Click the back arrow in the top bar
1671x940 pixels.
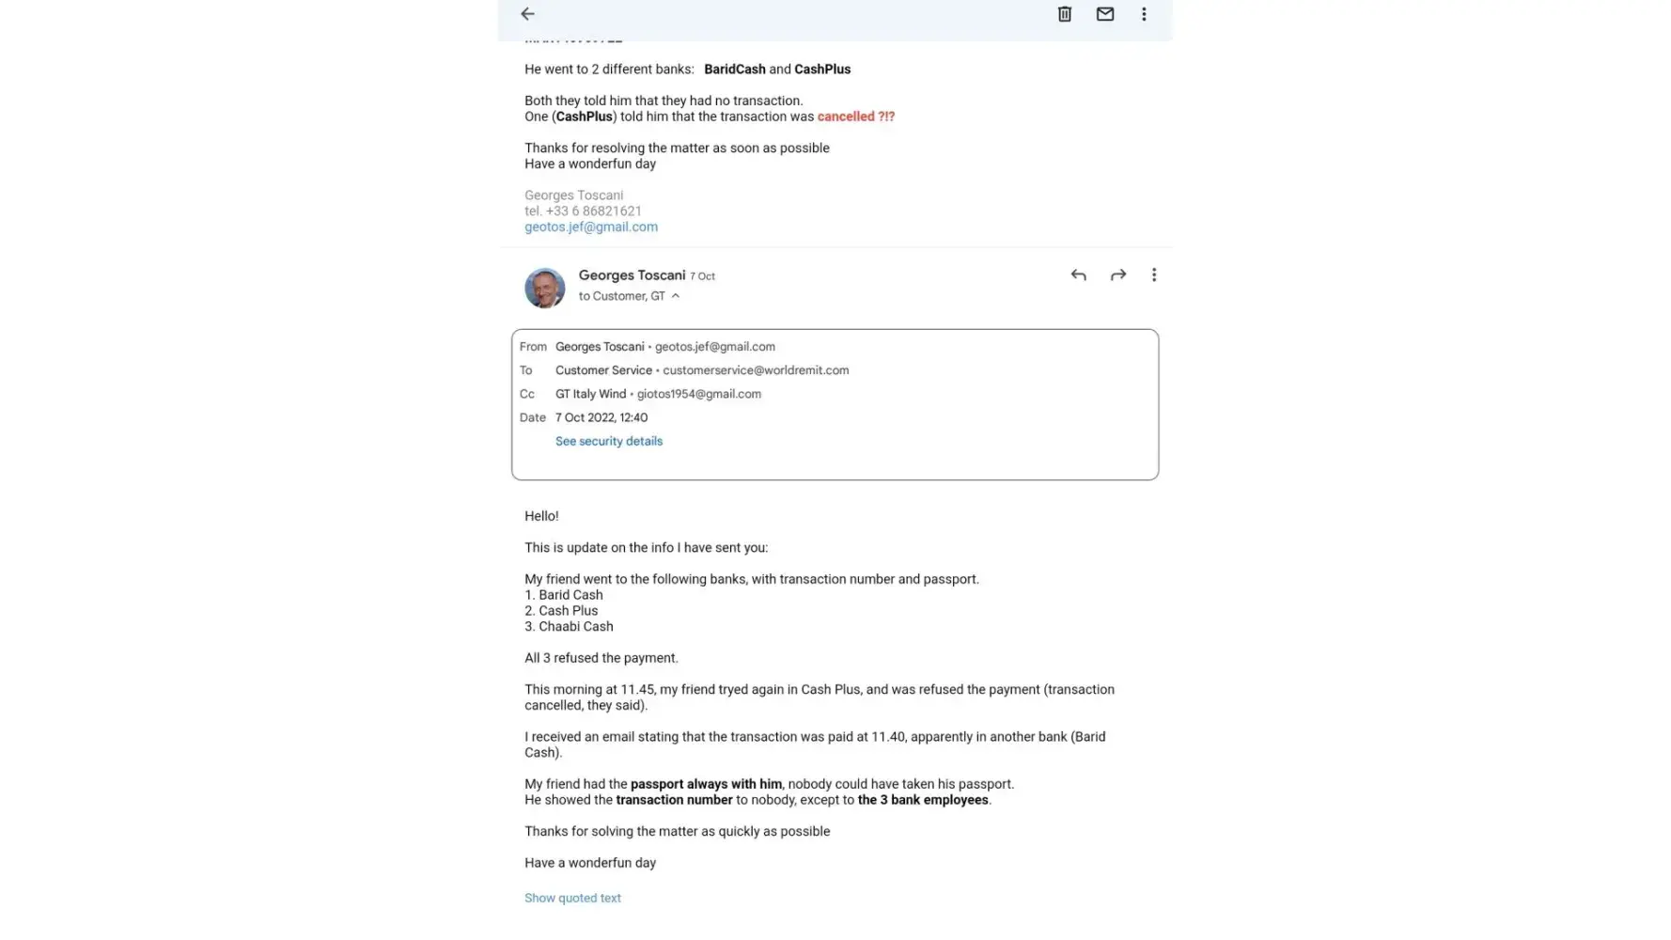(x=527, y=14)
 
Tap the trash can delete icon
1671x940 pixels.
(x=1064, y=14)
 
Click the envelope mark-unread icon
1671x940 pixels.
(x=1105, y=14)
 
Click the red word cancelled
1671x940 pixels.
(x=846, y=117)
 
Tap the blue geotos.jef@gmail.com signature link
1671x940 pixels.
(x=591, y=227)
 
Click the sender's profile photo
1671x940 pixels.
(x=545, y=288)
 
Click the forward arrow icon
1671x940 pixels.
(x=1117, y=275)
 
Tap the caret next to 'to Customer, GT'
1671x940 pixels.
(x=676, y=296)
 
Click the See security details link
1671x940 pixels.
(x=609, y=441)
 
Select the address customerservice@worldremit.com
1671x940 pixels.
(x=756, y=370)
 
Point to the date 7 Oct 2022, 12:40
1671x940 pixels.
(x=601, y=417)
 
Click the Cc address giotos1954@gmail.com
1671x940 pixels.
(x=699, y=394)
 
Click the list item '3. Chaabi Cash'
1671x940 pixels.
(x=569, y=626)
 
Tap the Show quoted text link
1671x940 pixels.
(x=572, y=898)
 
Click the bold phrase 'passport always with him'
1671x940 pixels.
(x=706, y=784)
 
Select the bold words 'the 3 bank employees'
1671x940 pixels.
(x=923, y=800)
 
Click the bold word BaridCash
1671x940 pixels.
(x=735, y=70)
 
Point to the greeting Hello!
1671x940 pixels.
(x=541, y=516)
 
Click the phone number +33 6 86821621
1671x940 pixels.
(x=593, y=211)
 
